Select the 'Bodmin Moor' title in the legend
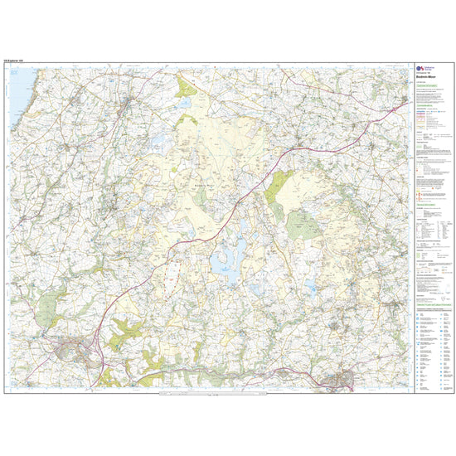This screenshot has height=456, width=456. [427, 79]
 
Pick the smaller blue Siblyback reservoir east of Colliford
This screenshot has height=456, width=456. [310, 286]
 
